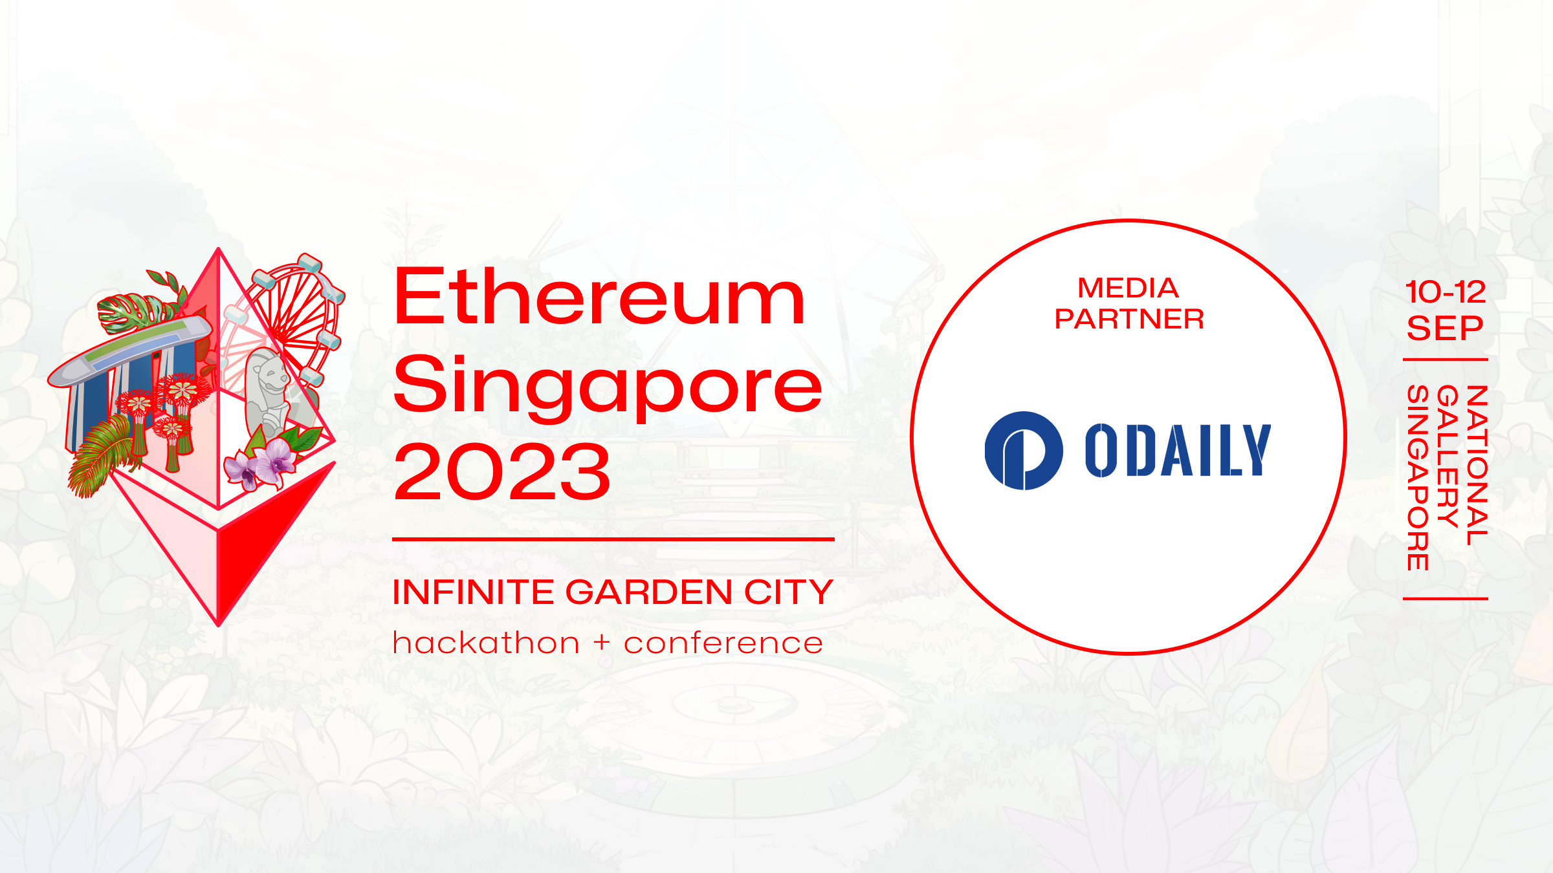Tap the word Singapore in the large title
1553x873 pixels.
click(x=608, y=387)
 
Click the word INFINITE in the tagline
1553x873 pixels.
click(x=473, y=592)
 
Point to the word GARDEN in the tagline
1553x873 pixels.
click(x=649, y=592)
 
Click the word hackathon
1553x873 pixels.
click(x=486, y=643)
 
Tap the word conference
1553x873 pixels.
click(x=723, y=644)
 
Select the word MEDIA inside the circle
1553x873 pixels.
click(x=1128, y=288)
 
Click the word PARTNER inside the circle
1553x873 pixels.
click(x=1129, y=319)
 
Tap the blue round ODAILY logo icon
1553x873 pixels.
click(x=1024, y=451)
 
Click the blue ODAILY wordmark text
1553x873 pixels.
click(x=1178, y=450)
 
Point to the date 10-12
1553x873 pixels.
click(x=1446, y=292)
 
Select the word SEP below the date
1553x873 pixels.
click(x=1445, y=329)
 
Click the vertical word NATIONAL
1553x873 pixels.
click(x=1477, y=465)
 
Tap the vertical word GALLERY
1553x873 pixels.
click(x=1448, y=457)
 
